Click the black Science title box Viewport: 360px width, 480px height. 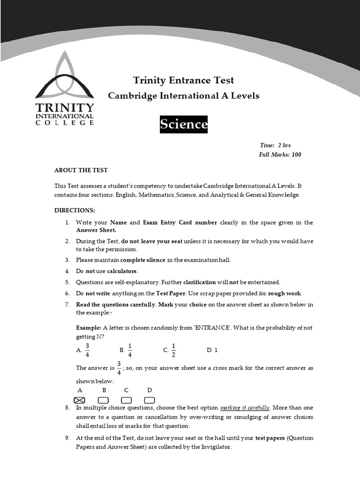pyautogui.click(x=183, y=124)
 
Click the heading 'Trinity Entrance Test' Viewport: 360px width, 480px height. pyautogui.click(x=183, y=80)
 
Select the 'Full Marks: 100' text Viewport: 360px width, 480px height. pyautogui.click(x=280, y=154)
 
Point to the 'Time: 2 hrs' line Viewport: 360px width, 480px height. pyautogui.click(x=275, y=145)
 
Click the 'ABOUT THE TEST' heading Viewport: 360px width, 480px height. pyautogui.click(x=81, y=170)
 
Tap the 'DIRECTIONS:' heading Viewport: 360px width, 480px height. pyautogui.click(x=75, y=210)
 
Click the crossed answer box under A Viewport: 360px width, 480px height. pyautogui.click(x=80, y=400)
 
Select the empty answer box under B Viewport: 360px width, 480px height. pyautogui.click(x=103, y=400)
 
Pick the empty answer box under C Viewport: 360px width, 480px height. pyautogui.click(x=126, y=400)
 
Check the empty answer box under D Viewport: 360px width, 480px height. pyautogui.click(x=150, y=400)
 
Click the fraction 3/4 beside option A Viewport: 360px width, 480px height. pyautogui.click(x=87, y=350)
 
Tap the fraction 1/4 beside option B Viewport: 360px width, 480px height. pyautogui.click(x=130, y=350)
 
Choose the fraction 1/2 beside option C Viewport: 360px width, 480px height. pyautogui.click(x=173, y=350)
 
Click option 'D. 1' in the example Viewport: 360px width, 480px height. pyautogui.click(x=212, y=350)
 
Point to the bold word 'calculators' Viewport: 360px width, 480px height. pyautogui.click(x=122, y=271)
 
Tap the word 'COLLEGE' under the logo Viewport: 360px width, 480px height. pyautogui.click(x=65, y=123)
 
